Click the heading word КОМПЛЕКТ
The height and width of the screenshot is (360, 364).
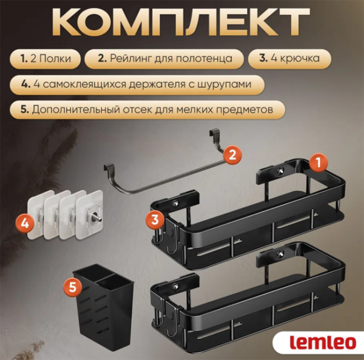pos(182,23)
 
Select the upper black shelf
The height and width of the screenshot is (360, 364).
pos(249,212)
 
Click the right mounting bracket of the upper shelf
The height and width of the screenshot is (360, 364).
pos(281,172)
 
